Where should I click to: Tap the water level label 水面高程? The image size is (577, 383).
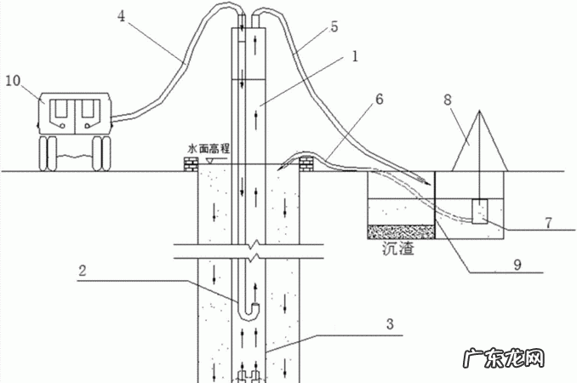[x=218, y=148]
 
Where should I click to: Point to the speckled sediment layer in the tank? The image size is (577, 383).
[x=400, y=230]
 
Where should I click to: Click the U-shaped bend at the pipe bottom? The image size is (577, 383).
[x=247, y=304]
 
